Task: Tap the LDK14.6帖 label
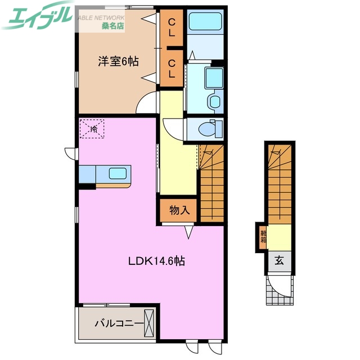point(157,261)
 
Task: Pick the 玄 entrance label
point(279,260)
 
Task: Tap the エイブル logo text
point(37,17)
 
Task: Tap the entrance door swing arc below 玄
point(280,284)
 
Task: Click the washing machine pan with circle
point(214,101)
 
